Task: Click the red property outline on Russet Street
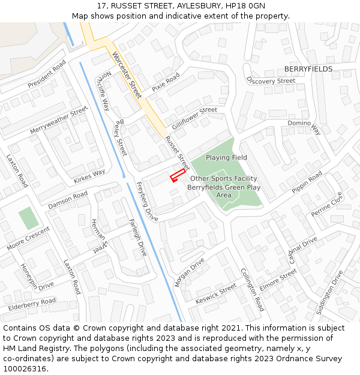tap(176, 176)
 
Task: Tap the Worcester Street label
tap(127, 75)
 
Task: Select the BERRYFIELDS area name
tap(308, 69)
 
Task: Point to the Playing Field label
tap(226, 157)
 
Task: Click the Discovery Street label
tap(271, 80)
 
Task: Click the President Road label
tap(46, 74)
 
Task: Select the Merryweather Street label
tap(59, 121)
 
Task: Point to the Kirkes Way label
tap(89, 176)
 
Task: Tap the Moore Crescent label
tap(29, 238)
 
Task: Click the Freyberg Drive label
tap(147, 202)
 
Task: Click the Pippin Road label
tap(307, 182)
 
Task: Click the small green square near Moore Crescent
tap(28, 218)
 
